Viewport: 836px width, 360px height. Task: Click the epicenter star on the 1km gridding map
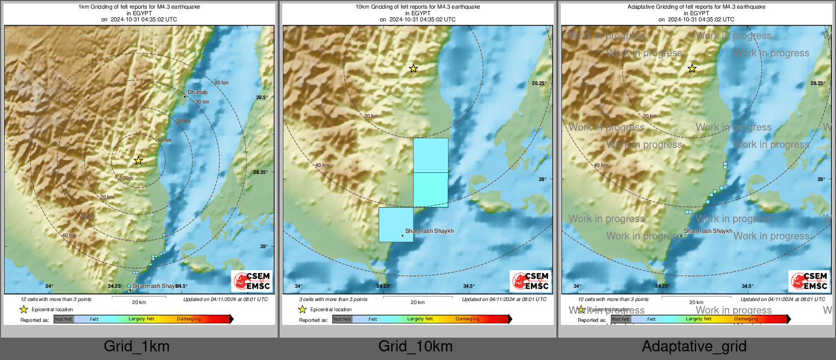coord(138,161)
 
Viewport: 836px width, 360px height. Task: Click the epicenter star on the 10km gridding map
coord(413,68)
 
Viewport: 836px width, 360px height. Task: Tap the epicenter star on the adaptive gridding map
coord(692,68)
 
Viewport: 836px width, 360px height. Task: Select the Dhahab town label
coord(197,92)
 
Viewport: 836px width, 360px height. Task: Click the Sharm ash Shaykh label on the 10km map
coord(429,231)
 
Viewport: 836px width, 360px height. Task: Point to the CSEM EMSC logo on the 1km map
coord(252,281)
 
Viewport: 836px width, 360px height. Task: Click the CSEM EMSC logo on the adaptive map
coord(809,281)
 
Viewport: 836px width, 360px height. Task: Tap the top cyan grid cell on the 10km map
coord(431,155)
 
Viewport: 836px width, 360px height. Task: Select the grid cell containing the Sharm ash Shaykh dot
coord(396,224)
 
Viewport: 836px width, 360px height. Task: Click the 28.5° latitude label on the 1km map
coord(261,97)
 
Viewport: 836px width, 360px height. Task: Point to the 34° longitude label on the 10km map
coord(298,286)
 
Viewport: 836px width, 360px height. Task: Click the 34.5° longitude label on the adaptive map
coord(748,286)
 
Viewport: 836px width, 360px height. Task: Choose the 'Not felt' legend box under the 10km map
coord(342,319)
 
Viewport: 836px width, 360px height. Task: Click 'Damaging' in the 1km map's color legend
coord(189,319)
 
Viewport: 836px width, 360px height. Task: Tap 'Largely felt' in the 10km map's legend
coord(420,319)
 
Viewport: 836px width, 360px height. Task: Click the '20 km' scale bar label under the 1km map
coord(139,302)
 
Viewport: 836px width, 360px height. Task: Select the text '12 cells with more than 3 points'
coord(56,299)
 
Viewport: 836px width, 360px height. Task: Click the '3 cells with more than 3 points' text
coord(333,299)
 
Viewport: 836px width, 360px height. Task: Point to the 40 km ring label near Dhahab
coord(221,82)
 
